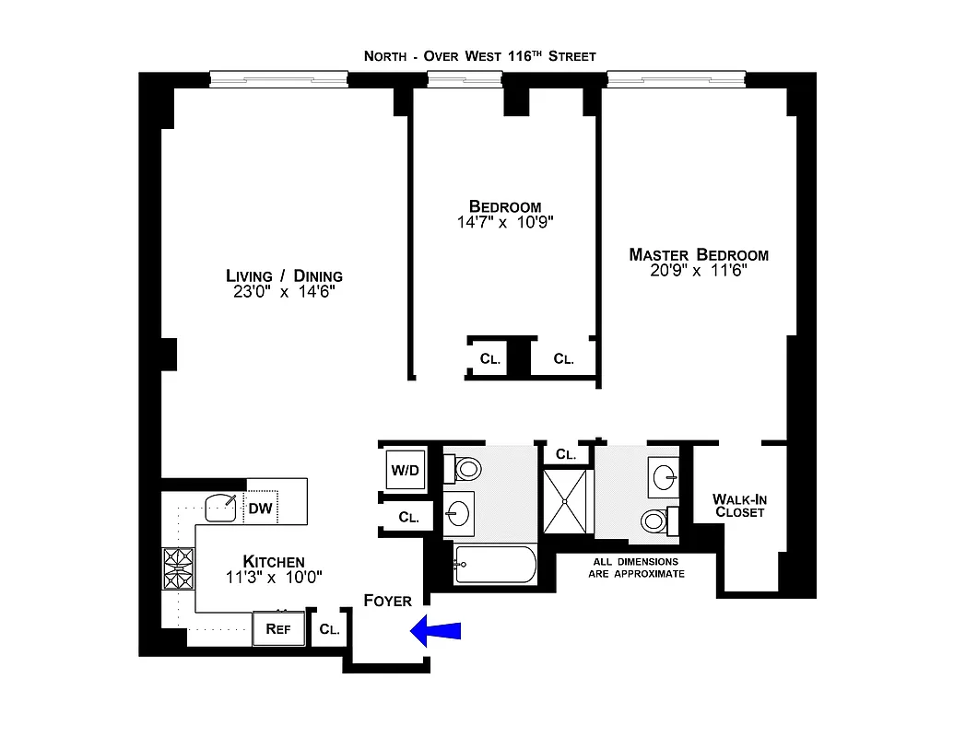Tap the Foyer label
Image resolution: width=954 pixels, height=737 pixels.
pos(387,601)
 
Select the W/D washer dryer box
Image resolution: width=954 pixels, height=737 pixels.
pos(404,470)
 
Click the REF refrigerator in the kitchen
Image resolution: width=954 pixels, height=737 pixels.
pos(278,629)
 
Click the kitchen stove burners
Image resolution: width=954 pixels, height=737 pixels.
pos(178,568)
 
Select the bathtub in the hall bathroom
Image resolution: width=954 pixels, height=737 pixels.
pos(495,563)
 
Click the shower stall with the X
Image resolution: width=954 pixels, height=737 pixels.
pos(566,501)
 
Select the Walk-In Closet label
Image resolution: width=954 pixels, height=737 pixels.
pos(739,506)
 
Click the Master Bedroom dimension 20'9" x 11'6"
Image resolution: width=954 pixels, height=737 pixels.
pos(699,271)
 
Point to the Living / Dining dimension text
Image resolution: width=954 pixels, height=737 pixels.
pos(284,292)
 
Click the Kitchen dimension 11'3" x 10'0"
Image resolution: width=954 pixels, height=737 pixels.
pos(273,578)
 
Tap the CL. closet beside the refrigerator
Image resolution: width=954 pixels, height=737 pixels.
pos(329,630)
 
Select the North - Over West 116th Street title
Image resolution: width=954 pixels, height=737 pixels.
pos(479,56)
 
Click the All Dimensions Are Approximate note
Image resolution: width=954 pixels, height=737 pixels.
pos(636,567)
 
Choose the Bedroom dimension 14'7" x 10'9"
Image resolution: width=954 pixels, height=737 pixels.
pos(504,222)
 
